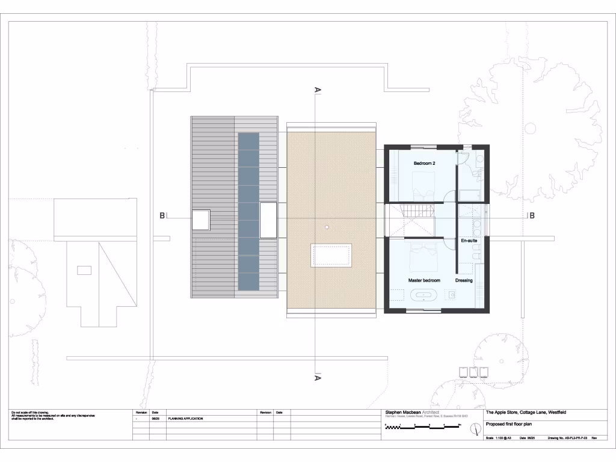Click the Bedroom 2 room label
click(424, 164)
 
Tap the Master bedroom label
click(424, 280)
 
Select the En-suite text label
click(469, 241)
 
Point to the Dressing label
click(464, 280)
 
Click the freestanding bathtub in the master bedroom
click(424, 295)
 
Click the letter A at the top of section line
click(318, 90)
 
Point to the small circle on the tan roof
click(325, 227)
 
